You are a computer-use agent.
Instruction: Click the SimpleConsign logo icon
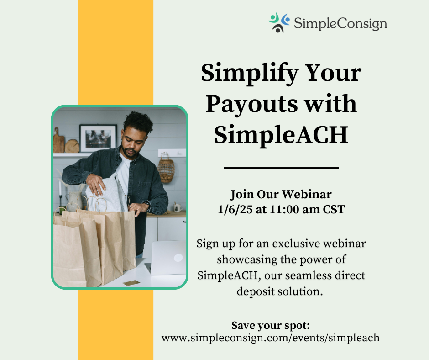click(279, 23)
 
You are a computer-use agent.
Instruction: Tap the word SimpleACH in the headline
click(281, 134)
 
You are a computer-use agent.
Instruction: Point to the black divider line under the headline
click(281, 168)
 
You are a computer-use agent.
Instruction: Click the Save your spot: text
click(271, 326)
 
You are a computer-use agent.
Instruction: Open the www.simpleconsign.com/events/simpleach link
click(271, 338)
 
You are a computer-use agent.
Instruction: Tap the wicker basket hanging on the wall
click(166, 168)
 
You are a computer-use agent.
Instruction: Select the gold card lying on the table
click(131, 283)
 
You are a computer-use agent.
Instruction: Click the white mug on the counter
click(177, 208)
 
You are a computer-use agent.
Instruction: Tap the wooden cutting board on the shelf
click(59, 142)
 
